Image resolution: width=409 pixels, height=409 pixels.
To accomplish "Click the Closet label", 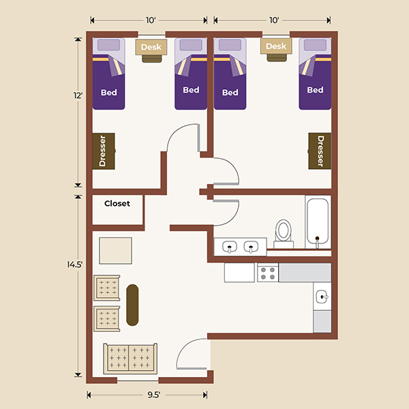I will coord(117,203).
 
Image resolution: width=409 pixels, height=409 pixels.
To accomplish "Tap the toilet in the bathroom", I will coord(283,232).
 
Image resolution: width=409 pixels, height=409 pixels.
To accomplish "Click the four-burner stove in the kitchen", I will coord(267,273).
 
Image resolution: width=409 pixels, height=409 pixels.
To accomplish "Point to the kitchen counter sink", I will coord(322,297).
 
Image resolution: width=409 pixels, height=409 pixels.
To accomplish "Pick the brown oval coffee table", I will coord(132,305).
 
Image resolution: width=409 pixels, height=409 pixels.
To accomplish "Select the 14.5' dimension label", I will coord(80,283).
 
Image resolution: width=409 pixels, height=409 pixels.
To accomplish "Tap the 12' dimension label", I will coord(80,96).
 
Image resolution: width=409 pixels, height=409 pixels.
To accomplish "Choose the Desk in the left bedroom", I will coord(151,48).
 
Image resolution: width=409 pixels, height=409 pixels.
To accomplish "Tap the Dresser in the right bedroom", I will coord(320,151).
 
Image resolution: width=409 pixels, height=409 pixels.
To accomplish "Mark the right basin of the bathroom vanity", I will coord(252,246).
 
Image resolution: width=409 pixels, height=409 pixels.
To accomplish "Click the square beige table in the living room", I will coord(115,250).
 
